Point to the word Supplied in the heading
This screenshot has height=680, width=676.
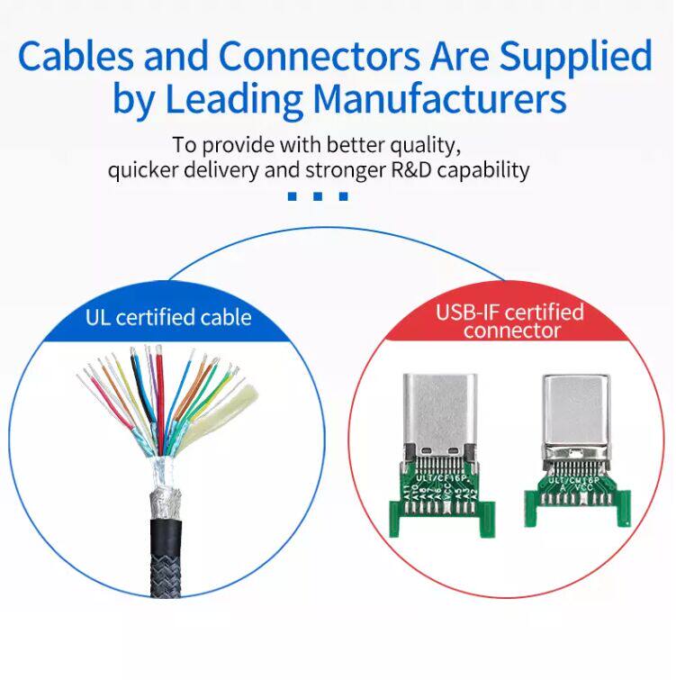click(x=575, y=59)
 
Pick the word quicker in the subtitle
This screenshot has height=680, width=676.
click(x=140, y=169)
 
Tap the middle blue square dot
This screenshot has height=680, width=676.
click(x=318, y=195)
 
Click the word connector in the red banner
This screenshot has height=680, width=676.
click(x=509, y=331)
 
